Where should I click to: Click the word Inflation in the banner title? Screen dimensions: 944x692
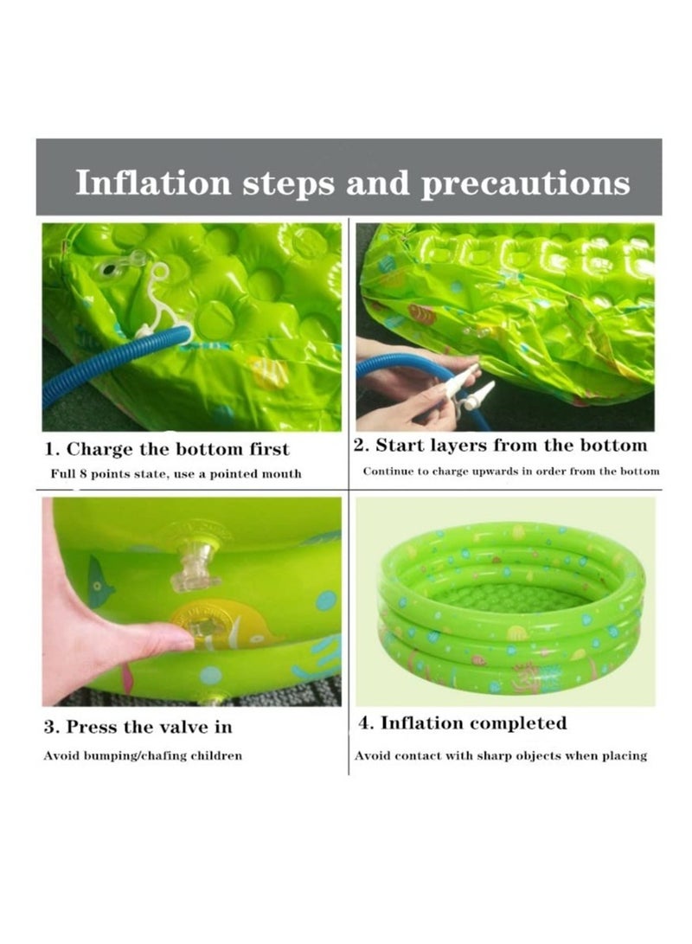click(153, 183)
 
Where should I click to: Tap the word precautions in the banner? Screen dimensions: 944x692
click(525, 183)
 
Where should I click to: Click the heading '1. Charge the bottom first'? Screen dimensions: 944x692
click(167, 449)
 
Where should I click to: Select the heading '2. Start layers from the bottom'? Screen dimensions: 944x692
click(500, 446)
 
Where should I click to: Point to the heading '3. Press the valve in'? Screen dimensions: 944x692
click(138, 726)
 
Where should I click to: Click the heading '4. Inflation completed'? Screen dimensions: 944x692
click(463, 722)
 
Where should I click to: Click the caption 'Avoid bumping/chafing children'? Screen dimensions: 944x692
click(143, 755)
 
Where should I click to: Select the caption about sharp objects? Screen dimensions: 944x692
click(501, 755)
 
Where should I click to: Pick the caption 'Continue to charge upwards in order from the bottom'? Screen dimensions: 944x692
click(510, 472)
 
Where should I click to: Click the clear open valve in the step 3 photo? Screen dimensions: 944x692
click(192, 567)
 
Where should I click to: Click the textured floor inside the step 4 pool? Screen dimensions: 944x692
click(510, 597)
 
